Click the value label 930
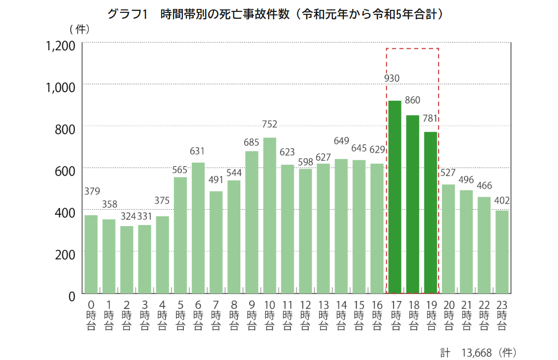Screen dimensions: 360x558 391,78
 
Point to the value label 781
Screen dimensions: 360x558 431,119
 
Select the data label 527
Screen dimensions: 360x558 448,173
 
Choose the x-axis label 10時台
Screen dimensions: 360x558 270,314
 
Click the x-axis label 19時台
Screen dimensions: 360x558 431,314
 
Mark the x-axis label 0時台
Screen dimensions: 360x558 91,314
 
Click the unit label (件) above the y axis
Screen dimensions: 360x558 80,29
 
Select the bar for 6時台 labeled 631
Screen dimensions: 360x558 198,228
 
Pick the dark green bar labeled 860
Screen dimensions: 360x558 413,204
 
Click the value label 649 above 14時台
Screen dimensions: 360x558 341,141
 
